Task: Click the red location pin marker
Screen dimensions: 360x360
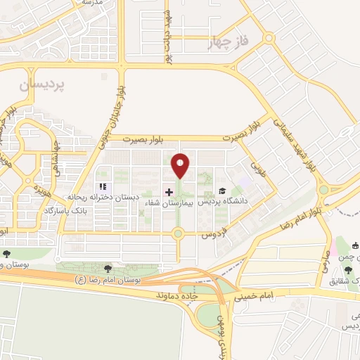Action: [181, 166]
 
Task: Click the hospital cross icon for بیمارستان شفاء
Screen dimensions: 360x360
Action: [169, 191]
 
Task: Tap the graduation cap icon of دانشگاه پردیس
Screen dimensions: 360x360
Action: [221, 191]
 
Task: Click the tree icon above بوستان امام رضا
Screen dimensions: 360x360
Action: [108, 268]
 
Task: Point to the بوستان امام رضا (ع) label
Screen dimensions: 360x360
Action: [109, 280]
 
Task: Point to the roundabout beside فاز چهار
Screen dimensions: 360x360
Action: [268, 38]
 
